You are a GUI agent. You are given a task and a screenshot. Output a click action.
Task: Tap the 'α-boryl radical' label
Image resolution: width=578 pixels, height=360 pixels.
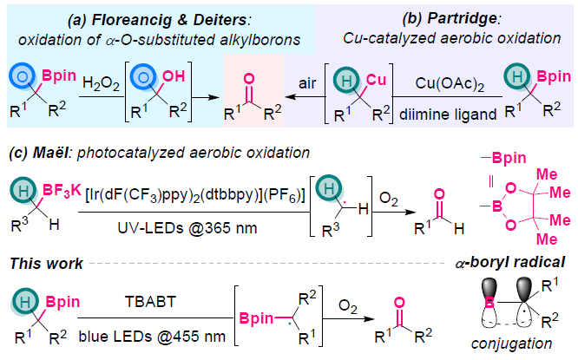(516, 261)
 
